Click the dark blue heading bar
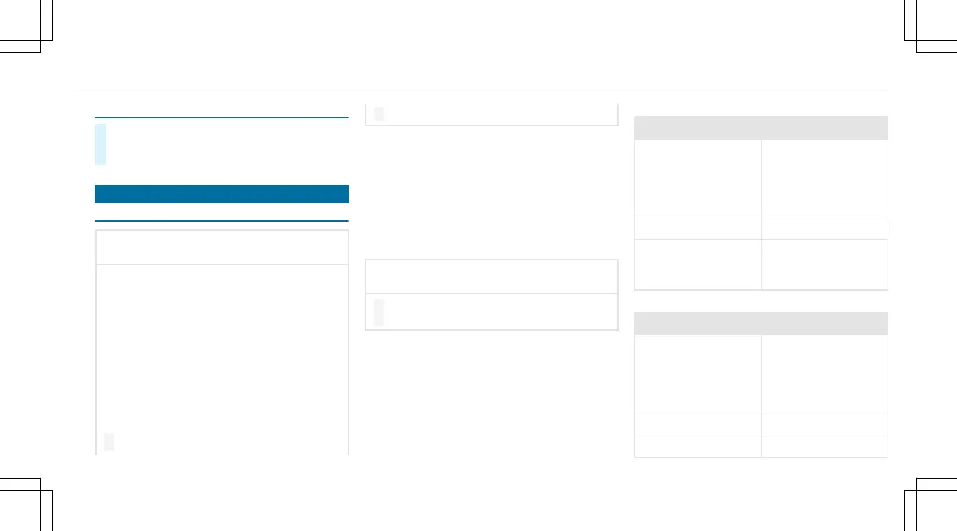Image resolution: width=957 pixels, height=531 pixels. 222,194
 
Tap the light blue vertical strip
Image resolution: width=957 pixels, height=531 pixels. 101,144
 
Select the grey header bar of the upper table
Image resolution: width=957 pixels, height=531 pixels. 761,128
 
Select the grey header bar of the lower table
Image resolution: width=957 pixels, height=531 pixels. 761,323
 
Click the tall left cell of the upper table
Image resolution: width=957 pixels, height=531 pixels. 697,178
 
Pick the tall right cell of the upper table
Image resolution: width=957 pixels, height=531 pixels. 824,178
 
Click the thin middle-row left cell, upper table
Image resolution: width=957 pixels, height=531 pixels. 697,227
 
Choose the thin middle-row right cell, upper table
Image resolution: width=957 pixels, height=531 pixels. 824,227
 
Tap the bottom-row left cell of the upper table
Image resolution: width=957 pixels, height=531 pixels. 697,264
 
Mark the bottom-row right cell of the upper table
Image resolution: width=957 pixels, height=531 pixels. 824,264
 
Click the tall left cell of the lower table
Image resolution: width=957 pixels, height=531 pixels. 697,373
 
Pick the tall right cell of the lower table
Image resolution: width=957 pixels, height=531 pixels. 824,373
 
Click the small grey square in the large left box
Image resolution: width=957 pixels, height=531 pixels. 109,442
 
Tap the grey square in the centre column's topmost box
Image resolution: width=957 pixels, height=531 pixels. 378,114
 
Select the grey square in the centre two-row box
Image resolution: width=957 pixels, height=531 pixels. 378,312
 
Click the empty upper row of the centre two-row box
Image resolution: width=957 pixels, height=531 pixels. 491,276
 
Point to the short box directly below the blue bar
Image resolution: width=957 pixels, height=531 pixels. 222,247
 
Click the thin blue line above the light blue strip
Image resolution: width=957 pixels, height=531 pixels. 222,117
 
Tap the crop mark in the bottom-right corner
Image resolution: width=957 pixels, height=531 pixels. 916,490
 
